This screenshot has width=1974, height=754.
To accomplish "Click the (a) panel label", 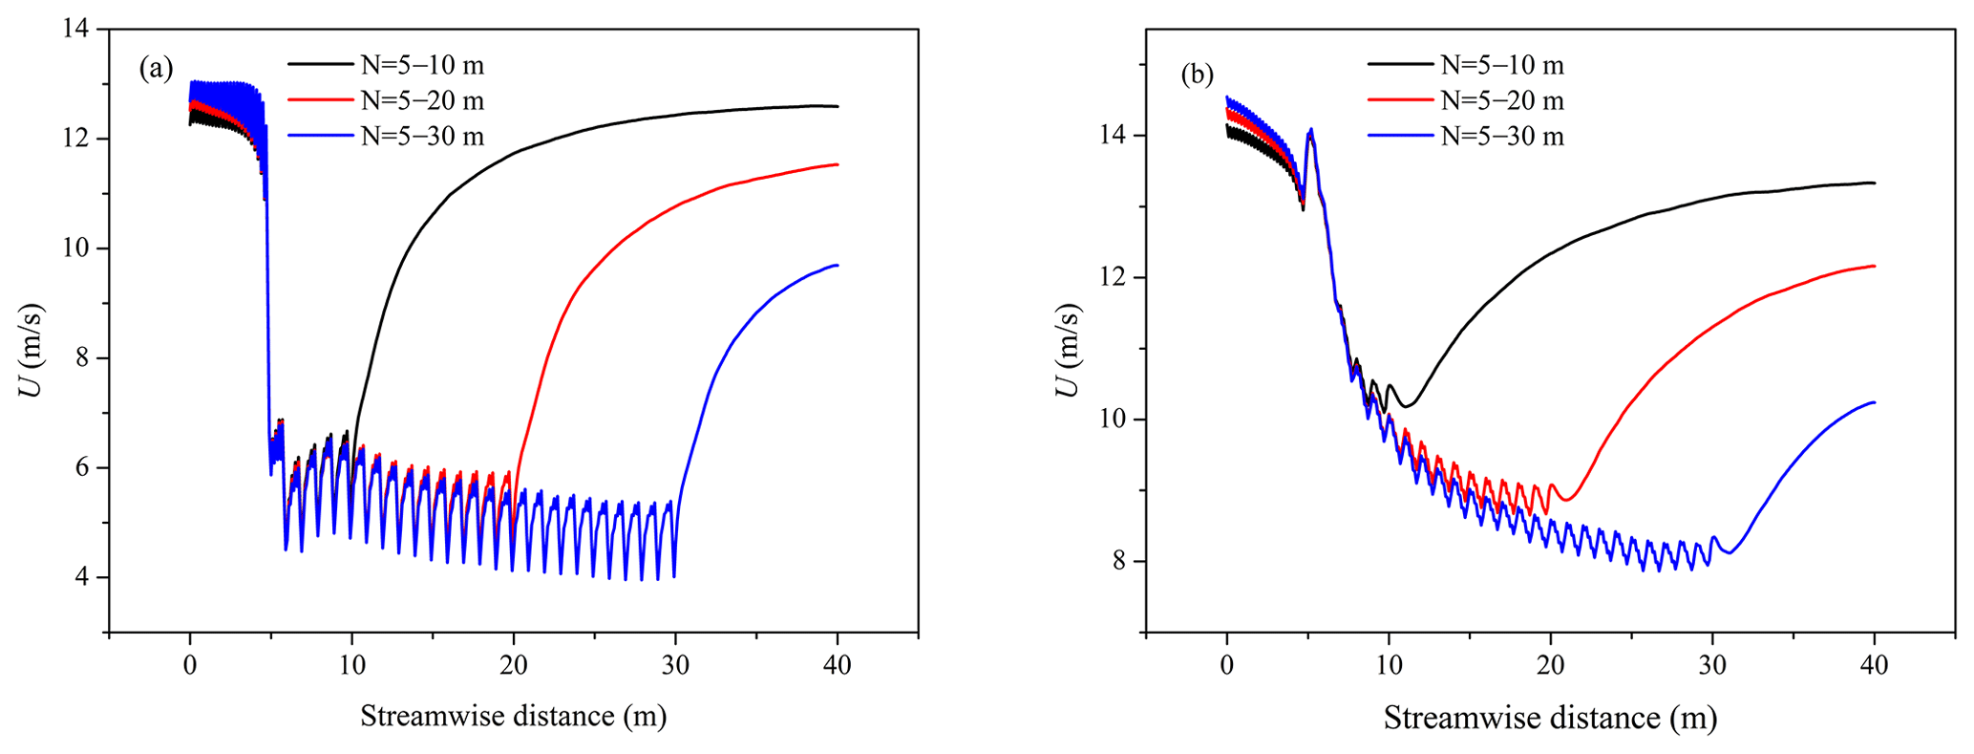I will point(157,68).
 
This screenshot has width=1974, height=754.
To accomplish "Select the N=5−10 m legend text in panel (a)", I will point(422,65).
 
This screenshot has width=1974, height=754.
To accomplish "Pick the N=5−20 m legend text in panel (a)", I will point(422,100).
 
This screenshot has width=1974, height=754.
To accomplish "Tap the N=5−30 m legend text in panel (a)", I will point(422,136).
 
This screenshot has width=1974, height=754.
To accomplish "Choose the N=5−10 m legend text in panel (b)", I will point(1502,65).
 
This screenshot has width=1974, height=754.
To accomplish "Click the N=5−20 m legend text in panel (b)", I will point(1502,100).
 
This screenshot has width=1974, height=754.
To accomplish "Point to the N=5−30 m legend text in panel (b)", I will point(1502,136).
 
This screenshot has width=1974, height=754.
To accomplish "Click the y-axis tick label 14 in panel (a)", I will point(80,30).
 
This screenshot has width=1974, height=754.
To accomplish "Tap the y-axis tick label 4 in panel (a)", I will point(88,577).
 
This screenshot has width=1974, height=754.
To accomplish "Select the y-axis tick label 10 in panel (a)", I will point(80,248).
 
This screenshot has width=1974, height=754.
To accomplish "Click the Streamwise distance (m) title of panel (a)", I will point(513,716).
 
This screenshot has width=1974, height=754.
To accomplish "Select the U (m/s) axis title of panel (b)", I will point(1070,351).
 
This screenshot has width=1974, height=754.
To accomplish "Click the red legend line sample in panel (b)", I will point(1400,100).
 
